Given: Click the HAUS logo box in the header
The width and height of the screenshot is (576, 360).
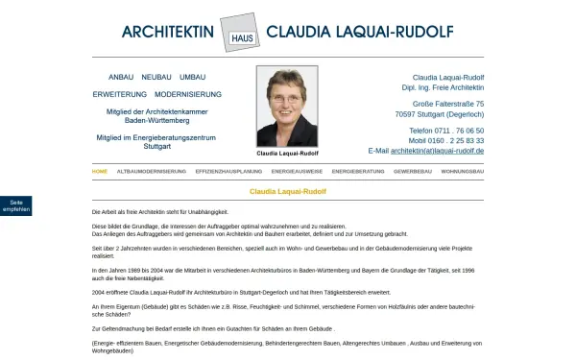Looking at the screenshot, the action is pos(238,36).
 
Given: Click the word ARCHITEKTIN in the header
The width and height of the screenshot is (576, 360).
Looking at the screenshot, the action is pos(167,32).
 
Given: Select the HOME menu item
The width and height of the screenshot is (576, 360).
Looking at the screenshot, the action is pos(100,171).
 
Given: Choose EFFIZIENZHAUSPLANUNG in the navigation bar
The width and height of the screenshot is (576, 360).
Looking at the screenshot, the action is pos(228,171).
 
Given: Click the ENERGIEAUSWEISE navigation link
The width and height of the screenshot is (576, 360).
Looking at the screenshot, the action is pos(298,171).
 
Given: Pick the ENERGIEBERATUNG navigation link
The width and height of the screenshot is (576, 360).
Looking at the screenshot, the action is pos(359,171).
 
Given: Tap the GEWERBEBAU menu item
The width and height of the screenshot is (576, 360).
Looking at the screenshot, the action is pos(414,171).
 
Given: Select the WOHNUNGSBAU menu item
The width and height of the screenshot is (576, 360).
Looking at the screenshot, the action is pos(463,171).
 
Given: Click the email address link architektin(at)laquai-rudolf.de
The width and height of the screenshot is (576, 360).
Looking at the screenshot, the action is pos(437,151).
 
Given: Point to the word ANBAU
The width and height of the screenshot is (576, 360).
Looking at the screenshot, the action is pos(121,76).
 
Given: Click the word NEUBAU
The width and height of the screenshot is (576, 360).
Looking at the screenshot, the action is pos(156,76).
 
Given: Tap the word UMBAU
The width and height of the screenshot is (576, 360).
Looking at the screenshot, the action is pos(192,76).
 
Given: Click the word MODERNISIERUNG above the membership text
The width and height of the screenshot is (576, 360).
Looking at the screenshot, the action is pos(188,94).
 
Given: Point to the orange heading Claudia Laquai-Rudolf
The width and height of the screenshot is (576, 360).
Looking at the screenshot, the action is pos(288,191).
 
